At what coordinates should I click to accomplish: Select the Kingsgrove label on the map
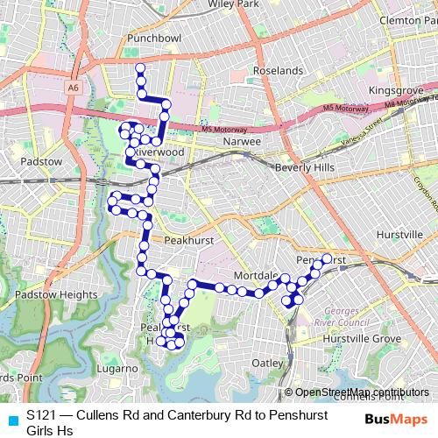[x=397, y=90]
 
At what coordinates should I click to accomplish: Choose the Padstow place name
[x=32, y=162]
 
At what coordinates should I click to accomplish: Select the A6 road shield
[x=73, y=88]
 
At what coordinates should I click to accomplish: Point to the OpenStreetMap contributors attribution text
[x=362, y=392]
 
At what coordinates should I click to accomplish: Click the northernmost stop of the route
[x=140, y=67]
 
